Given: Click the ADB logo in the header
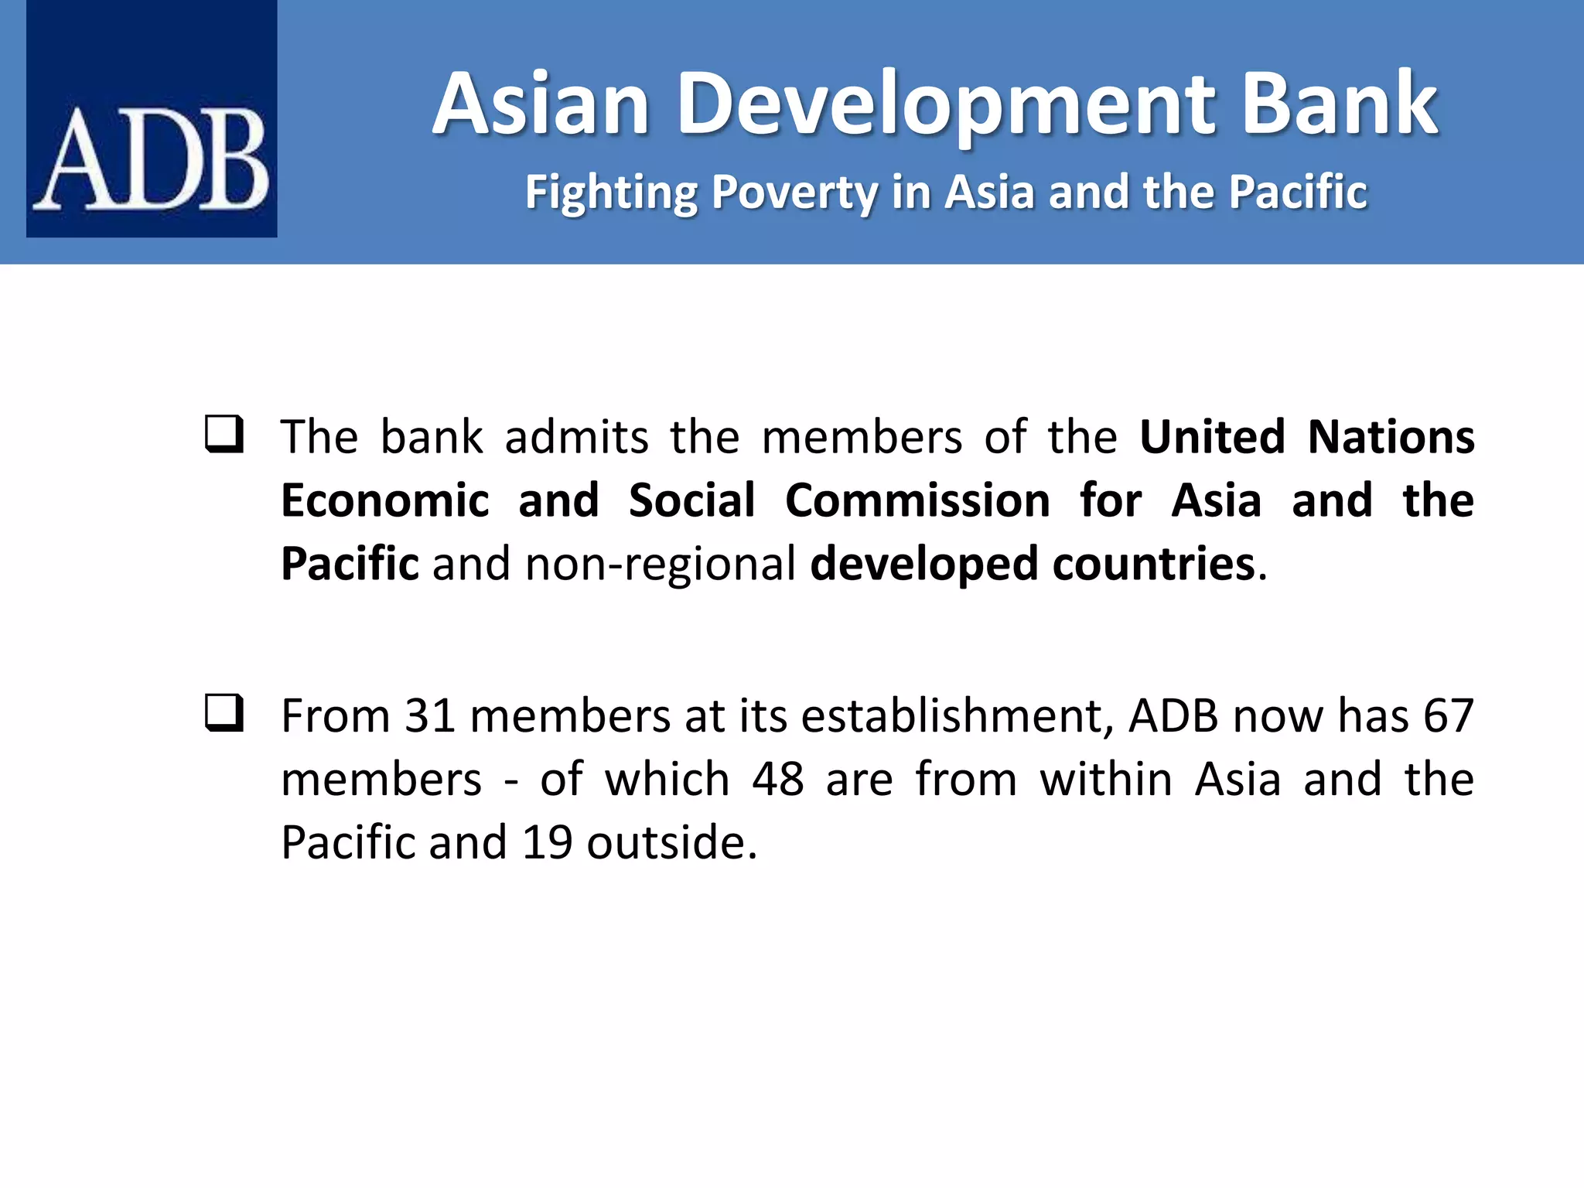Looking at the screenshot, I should (x=152, y=118).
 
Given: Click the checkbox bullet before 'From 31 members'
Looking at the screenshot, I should (x=224, y=713).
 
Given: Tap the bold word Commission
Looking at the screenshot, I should (x=917, y=500).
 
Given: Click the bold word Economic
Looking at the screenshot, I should (x=385, y=500).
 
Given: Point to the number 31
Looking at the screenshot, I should (x=429, y=716).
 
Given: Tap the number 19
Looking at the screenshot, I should (x=547, y=843).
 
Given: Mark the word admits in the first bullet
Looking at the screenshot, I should (x=576, y=437).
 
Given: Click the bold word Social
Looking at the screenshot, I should (x=691, y=500).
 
